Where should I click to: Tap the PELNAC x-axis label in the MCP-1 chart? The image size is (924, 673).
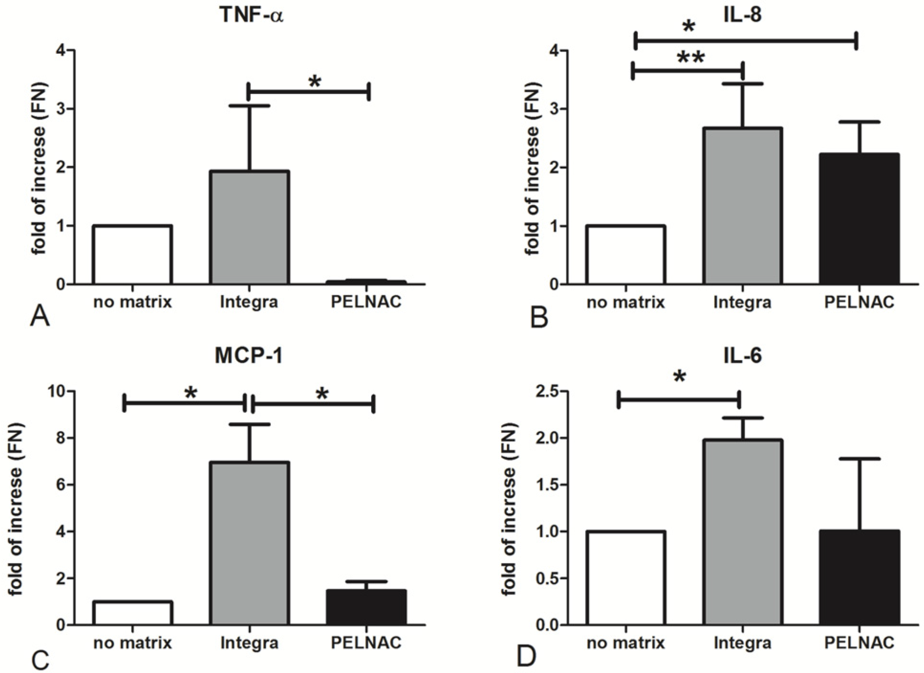click(366, 643)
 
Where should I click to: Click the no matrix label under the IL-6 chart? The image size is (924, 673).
click(625, 643)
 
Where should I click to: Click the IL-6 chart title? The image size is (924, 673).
click(744, 356)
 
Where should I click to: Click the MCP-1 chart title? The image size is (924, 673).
click(249, 356)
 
